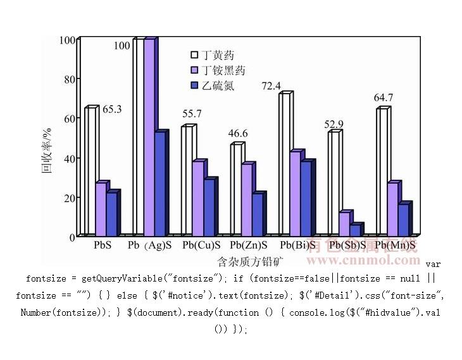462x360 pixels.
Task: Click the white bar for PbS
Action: click(90, 171)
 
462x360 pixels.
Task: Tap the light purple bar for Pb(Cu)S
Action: click(198, 198)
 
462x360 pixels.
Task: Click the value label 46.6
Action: click(239, 133)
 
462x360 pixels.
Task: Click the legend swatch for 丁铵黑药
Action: click(195, 70)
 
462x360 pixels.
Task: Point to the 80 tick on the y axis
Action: click(68, 79)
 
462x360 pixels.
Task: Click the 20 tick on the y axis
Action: click(68, 197)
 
